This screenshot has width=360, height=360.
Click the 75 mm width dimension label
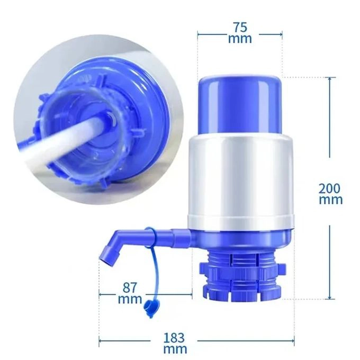[x=240, y=32]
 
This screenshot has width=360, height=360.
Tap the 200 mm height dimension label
[x=330, y=193]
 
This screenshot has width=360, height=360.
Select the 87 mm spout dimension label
[x=130, y=293]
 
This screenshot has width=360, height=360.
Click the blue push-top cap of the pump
[x=240, y=103]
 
